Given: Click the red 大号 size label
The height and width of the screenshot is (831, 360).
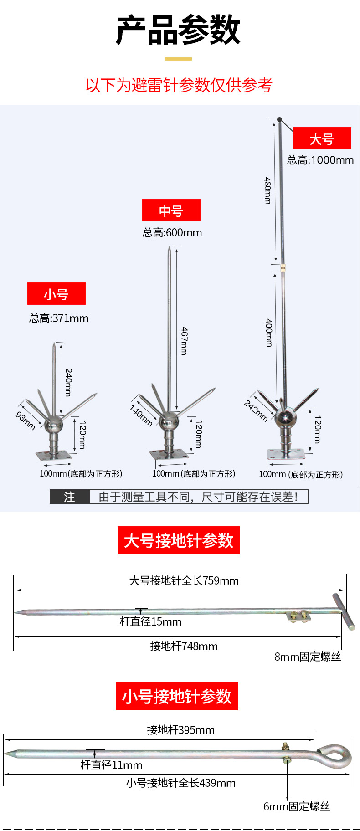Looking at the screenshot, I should pos(322,138).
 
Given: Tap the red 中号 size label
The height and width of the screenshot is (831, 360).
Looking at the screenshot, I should pos(171,210).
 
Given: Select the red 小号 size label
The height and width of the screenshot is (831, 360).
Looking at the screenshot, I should pos(56,294).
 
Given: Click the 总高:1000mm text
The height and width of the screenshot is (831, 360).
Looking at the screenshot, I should pos(320,160).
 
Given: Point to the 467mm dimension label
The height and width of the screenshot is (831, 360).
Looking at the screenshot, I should pos(184,341).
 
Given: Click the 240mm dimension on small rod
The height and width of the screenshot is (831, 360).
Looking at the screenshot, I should pos(68,382).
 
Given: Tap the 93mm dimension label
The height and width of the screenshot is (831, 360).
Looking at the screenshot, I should pos(26,421).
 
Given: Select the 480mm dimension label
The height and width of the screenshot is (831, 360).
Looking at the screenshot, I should pos(268,190).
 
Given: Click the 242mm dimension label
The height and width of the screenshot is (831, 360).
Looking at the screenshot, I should pos(256,410).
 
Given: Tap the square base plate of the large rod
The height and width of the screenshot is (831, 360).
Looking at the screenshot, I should pos(285,454).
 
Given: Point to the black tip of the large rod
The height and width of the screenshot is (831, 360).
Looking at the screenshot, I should pos(280,120).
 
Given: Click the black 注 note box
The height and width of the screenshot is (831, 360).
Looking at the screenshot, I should pos(70,497).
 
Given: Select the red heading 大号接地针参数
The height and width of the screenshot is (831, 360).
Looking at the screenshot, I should pos(179,540).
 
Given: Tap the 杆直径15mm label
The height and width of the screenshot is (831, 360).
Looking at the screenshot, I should pos(150,622).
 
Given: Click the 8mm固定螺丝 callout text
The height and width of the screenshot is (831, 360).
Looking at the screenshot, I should pos(308,657).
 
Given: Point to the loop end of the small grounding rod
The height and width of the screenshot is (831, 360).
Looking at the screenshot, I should pos(334,753).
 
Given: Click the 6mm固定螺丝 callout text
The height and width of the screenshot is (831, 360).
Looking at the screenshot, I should pos(297,806).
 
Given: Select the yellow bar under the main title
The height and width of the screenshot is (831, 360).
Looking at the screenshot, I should pos(178,59).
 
